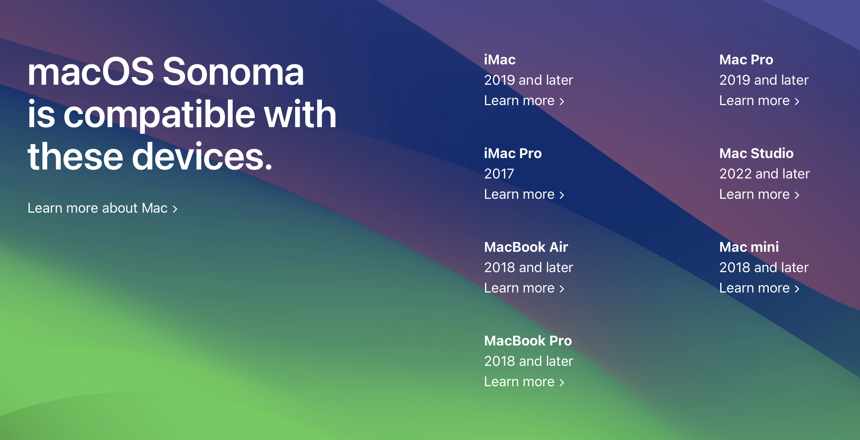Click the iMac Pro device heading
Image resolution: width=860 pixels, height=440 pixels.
click(x=513, y=154)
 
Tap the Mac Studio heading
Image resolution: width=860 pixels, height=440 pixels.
click(x=756, y=154)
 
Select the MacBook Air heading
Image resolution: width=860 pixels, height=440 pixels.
click(x=526, y=247)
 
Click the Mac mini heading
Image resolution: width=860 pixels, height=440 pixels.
click(x=749, y=247)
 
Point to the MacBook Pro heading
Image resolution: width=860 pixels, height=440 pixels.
click(x=528, y=341)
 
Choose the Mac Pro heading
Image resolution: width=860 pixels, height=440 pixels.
click(x=746, y=60)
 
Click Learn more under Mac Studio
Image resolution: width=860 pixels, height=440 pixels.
click(x=759, y=194)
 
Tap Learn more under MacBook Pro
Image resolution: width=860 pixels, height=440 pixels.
click(x=524, y=382)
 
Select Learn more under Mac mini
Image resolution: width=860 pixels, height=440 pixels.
click(x=759, y=288)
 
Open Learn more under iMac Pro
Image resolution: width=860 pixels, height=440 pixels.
click(x=524, y=194)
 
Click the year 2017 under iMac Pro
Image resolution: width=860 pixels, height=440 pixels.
click(x=499, y=174)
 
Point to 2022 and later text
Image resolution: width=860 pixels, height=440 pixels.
click(x=764, y=174)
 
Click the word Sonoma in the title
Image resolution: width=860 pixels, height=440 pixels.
click(x=233, y=72)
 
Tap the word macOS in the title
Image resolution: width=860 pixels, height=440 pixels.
click(x=90, y=72)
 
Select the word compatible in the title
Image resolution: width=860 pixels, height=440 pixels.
click(x=159, y=114)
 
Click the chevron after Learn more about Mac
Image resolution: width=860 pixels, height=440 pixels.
click(x=175, y=209)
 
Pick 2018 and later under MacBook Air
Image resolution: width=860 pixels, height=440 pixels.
click(x=528, y=268)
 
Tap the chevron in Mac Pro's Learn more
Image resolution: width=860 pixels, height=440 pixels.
click(x=797, y=101)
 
